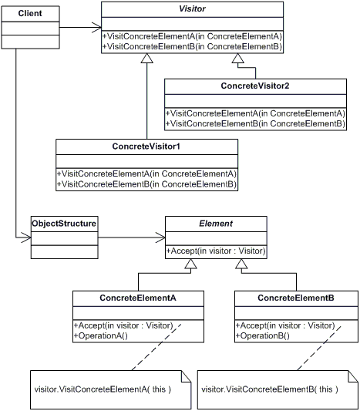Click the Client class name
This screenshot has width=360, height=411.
pyautogui.click(x=30, y=14)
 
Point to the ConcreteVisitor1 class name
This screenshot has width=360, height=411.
pyautogui.click(x=146, y=145)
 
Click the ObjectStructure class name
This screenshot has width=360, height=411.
pyautogui.click(x=64, y=224)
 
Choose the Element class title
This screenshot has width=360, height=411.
pyautogui.click(x=215, y=223)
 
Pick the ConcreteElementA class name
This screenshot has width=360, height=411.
pyautogui.click(x=139, y=298)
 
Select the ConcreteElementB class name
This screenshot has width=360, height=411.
pyautogui.click(x=296, y=298)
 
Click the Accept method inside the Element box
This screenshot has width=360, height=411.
pyautogui.click(x=216, y=251)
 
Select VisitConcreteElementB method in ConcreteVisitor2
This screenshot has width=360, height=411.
pyautogui.click(x=255, y=123)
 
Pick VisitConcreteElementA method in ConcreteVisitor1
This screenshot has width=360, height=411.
pyautogui.click(x=146, y=174)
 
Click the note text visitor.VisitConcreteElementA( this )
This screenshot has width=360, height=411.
pyautogui.click(x=103, y=389)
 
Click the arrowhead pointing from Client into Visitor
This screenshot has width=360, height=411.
pyautogui.click(x=96, y=30)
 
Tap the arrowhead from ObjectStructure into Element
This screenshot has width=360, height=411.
pyautogui.click(x=160, y=238)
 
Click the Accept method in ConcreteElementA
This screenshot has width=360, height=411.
pyautogui.click(x=123, y=325)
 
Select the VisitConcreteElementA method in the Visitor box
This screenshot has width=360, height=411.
pyautogui.click(x=192, y=36)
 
